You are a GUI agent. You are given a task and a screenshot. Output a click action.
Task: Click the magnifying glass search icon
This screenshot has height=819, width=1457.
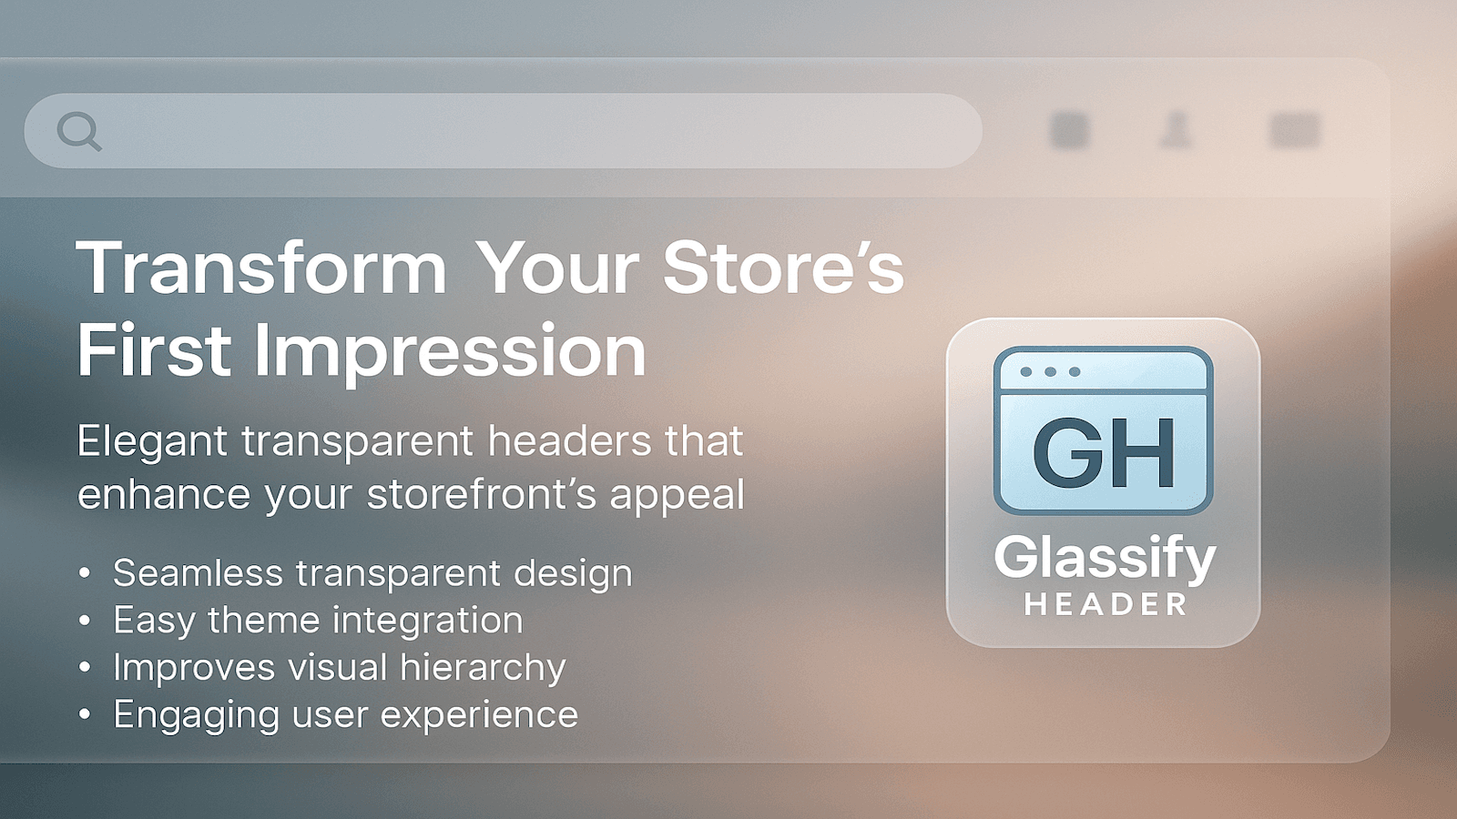(78, 131)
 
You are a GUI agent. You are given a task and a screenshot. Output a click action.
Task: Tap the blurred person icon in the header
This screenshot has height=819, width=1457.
(1177, 129)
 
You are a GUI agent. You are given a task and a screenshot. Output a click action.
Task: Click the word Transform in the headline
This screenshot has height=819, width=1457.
(261, 268)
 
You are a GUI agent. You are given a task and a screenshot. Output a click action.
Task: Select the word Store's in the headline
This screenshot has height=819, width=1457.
(783, 268)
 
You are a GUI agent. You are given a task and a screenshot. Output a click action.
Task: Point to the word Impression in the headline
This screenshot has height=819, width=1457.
(450, 351)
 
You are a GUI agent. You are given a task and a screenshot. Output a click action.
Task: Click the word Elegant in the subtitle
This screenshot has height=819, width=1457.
(152, 442)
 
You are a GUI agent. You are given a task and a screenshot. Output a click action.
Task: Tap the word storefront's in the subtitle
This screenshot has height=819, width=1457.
(482, 495)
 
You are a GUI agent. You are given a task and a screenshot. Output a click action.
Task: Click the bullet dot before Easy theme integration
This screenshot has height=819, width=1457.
(85, 621)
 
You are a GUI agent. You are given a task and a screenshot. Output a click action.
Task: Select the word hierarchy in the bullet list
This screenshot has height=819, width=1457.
(483, 668)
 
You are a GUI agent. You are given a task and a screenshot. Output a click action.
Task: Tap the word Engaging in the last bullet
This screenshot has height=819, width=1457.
(196, 715)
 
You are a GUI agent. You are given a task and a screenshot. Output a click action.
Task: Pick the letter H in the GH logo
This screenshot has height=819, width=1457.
(1145, 452)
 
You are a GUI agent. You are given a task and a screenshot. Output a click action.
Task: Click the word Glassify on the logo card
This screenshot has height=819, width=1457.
(1104, 557)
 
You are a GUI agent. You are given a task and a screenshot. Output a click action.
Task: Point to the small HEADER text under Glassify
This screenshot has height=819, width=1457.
(1105, 604)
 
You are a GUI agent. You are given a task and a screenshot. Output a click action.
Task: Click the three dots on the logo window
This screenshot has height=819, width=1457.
(1050, 371)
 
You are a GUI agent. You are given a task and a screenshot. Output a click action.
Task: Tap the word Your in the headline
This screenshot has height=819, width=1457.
(557, 268)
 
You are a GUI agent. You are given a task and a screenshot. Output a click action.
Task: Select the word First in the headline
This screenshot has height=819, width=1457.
(154, 351)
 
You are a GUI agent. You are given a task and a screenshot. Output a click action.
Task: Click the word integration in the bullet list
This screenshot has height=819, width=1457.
(427, 621)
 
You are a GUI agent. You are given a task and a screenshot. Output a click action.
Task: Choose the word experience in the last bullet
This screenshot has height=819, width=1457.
(479, 715)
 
